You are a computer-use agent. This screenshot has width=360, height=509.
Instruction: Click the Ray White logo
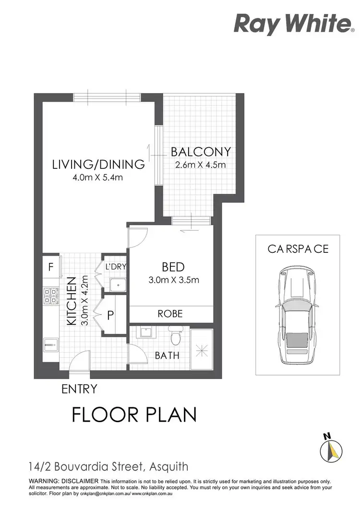pyautogui.click(x=292, y=24)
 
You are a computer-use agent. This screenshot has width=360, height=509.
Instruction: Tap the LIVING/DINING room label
pyautogui.click(x=98, y=165)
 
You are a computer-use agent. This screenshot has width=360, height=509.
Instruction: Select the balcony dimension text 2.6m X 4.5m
pyautogui.click(x=201, y=165)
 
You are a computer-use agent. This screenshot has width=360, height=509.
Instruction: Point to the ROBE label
pyautogui.click(x=170, y=314)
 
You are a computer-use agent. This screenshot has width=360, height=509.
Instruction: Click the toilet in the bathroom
pyautogui.click(x=175, y=336)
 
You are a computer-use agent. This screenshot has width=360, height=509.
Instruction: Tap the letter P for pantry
pyautogui.click(x=110, y=316)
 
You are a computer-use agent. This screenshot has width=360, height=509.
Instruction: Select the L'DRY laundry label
pyautogui.click(x=115, y=267)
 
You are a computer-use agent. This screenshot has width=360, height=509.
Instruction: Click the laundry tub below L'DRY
pyautogui.click(x=117, y=285)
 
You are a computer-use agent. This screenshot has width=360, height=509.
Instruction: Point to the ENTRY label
pyautogui.click(x=79, y=389)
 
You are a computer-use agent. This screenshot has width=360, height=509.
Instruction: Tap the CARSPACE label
pyautogui.click(x=298, y=249)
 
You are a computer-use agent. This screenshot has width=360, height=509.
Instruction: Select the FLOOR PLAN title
pyautogui.click(x=134, y=414)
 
